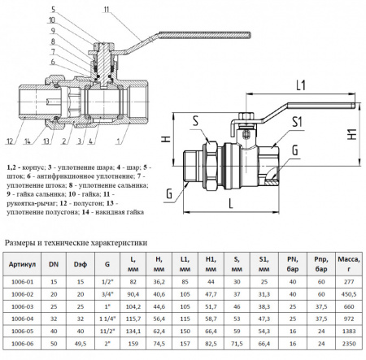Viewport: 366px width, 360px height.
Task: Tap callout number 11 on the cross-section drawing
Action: [x=107, y=10]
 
